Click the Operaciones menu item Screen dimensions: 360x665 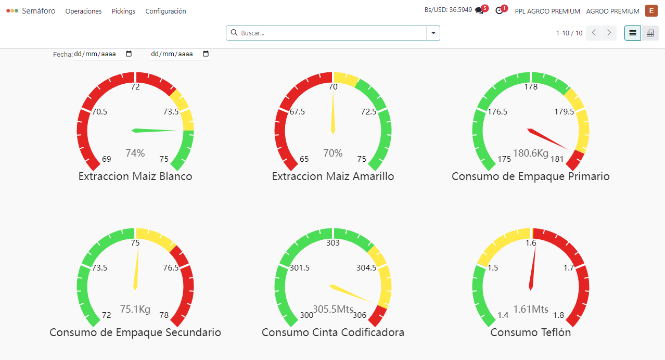pos(83,11)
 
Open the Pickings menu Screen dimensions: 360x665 pos(123,11)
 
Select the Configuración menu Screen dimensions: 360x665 pos(165,11)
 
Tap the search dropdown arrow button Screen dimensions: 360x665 pos(433,33)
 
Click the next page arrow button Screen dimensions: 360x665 pos(609,33)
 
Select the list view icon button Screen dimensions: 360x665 pos(633,33)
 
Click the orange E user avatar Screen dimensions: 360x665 pos(651,10)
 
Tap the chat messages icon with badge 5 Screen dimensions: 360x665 pos(479,10)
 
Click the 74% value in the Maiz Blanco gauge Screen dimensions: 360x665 pos(135,153)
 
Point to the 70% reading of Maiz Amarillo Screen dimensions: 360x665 pos(333,153)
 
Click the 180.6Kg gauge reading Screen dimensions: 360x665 pos(531,153)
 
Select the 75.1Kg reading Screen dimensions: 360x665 pos(135,309)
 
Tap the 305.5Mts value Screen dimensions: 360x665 pos(333,309)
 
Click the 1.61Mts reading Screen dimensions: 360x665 pos(531,309)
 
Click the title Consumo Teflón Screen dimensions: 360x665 pos(531,332)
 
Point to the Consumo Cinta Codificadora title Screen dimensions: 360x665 pos(333,332)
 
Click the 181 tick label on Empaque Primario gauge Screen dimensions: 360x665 pos(557,159)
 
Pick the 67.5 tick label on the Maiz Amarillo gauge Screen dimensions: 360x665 pos(298,112)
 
